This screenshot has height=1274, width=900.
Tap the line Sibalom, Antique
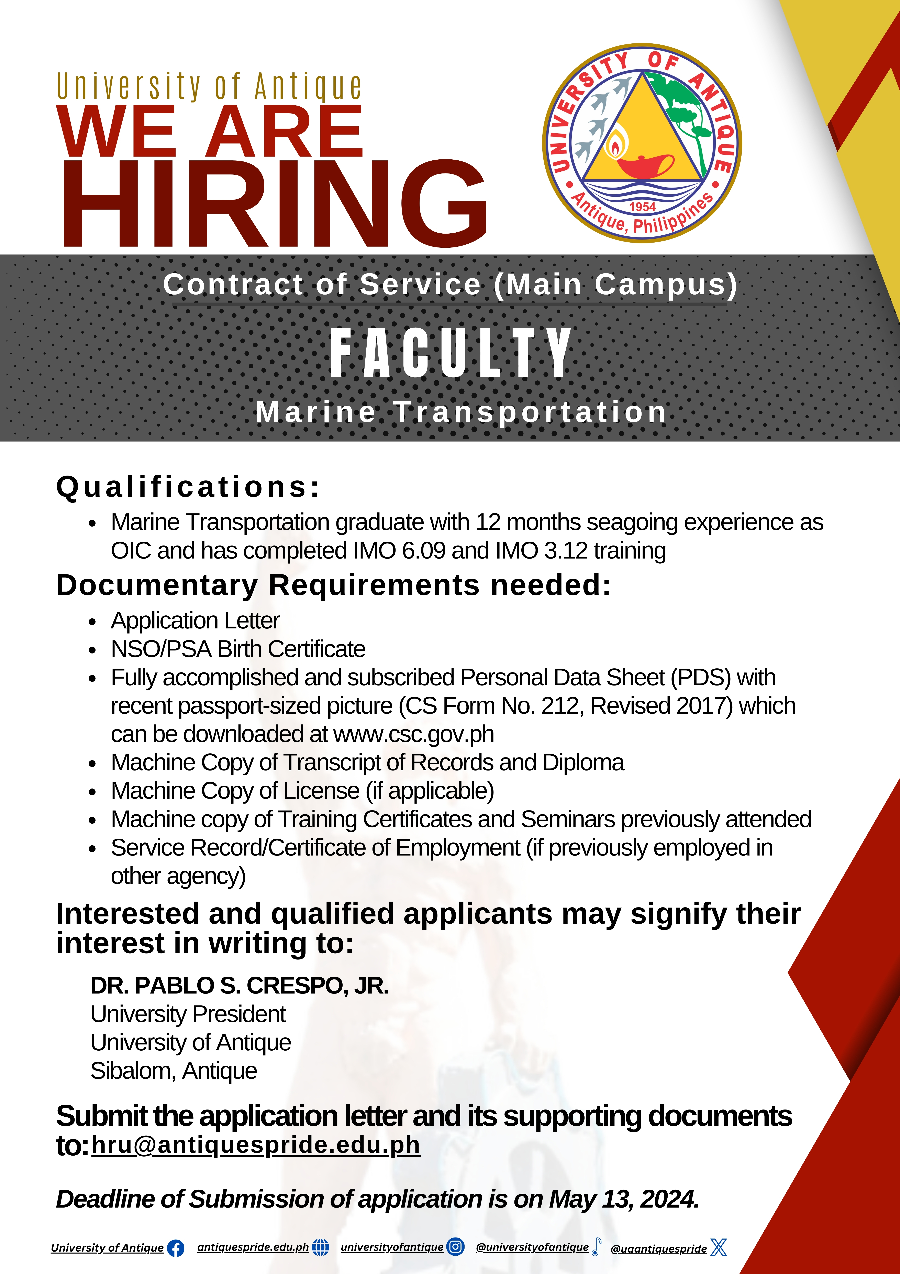pyautogui.click(x=174, y=1071)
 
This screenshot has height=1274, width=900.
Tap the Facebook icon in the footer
pyautogui.click(x=175, y=1248)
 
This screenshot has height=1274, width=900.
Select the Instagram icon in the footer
pyautogui.click(x=455, y=1247)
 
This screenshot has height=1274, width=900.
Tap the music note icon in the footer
pyautogui.click(x=596, y=1246)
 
